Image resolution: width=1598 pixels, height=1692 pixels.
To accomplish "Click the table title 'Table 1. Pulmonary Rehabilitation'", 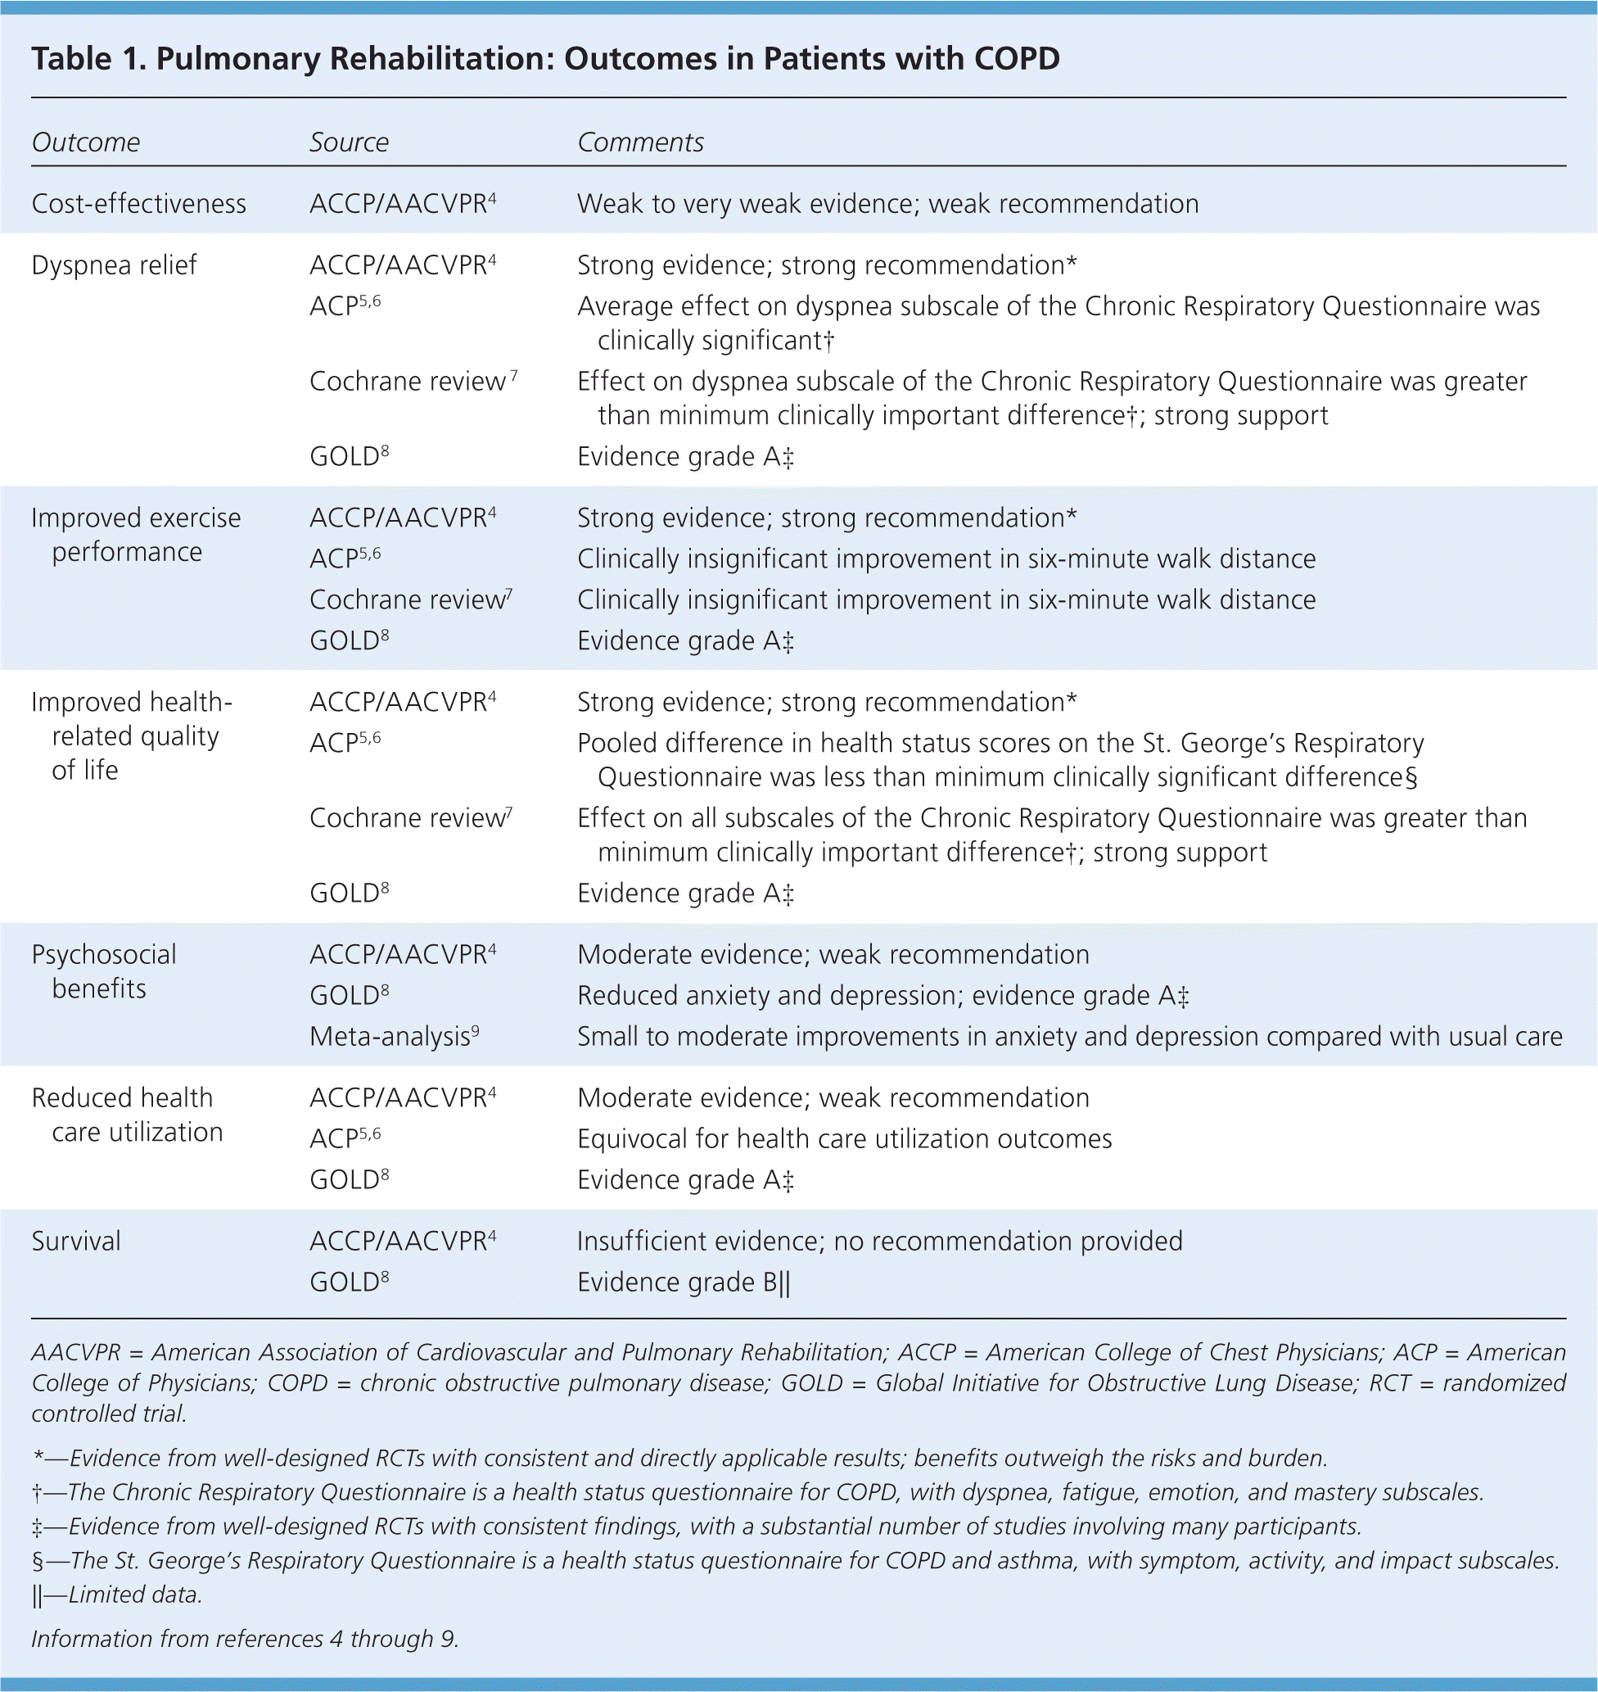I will point(545,58).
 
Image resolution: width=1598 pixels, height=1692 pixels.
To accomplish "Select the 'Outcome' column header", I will point(86,142).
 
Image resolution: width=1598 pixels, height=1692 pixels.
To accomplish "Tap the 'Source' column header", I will point(349,142).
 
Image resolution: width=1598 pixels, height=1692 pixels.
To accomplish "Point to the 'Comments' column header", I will point(640,142).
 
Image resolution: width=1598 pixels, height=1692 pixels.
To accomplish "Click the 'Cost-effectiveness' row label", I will point(139,204).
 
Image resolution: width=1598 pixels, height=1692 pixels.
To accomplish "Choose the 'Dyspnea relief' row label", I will point(114,265).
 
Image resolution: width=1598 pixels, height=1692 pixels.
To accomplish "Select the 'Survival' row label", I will point(76,1241).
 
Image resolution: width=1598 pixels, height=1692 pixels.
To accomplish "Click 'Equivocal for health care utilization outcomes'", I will point(844,1139).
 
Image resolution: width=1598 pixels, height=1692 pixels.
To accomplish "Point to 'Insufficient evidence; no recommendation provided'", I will point(880,1241).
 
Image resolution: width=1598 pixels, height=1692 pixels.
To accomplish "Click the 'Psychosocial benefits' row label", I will point(104,971).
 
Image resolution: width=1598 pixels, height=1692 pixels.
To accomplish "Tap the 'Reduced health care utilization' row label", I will point(127,1115).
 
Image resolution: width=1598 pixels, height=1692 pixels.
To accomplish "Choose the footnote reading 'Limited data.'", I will point(118,1595).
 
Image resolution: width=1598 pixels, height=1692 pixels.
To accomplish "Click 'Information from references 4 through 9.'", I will point(246,1638).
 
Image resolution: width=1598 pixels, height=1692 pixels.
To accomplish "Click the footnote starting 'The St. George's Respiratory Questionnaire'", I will point(796,1561).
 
